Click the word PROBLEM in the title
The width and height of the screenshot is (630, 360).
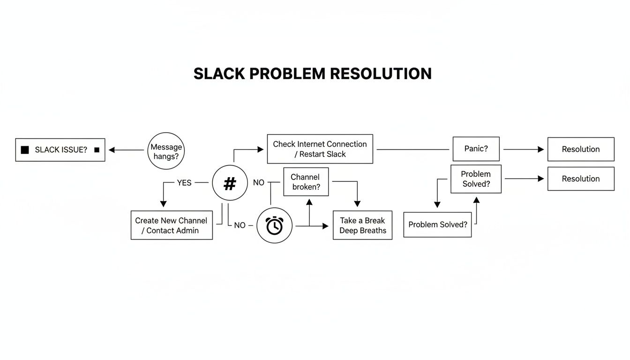click(x=287, y=74)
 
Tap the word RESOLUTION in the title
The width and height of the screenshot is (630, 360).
click(x=381, y=74)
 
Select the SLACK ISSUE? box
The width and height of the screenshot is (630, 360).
click(x=60, y=150)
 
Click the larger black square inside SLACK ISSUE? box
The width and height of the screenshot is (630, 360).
click(x=25, y=150)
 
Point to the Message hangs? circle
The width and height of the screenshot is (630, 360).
click(x=166, y=150)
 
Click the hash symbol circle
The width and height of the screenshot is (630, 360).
click(x=230, y=183)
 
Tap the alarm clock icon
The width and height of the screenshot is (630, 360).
click(x=274, y=225)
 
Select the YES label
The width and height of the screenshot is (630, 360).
click(x=184, y=183)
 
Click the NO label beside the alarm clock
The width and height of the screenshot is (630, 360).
click(x=240, y=225)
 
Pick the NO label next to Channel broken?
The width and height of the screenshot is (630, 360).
click(x=259, y=183)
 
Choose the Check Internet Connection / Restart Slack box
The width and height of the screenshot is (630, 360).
click(x=320, y=149)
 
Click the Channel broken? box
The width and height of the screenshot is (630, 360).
click(x=306, y=182)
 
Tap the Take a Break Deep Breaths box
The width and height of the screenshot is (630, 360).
click(x=362, y=225)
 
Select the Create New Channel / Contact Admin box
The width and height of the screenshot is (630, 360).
click(x=171, y=225)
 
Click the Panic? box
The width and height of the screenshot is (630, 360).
click(x=476, y=149)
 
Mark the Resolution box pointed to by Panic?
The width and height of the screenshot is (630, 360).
click(x=581, y=149)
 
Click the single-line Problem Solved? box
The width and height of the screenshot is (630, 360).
click(x=437, y=225)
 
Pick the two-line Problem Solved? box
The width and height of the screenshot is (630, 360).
click(x=476, y=179)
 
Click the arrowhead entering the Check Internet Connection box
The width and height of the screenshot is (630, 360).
click(x=261, y=150)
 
